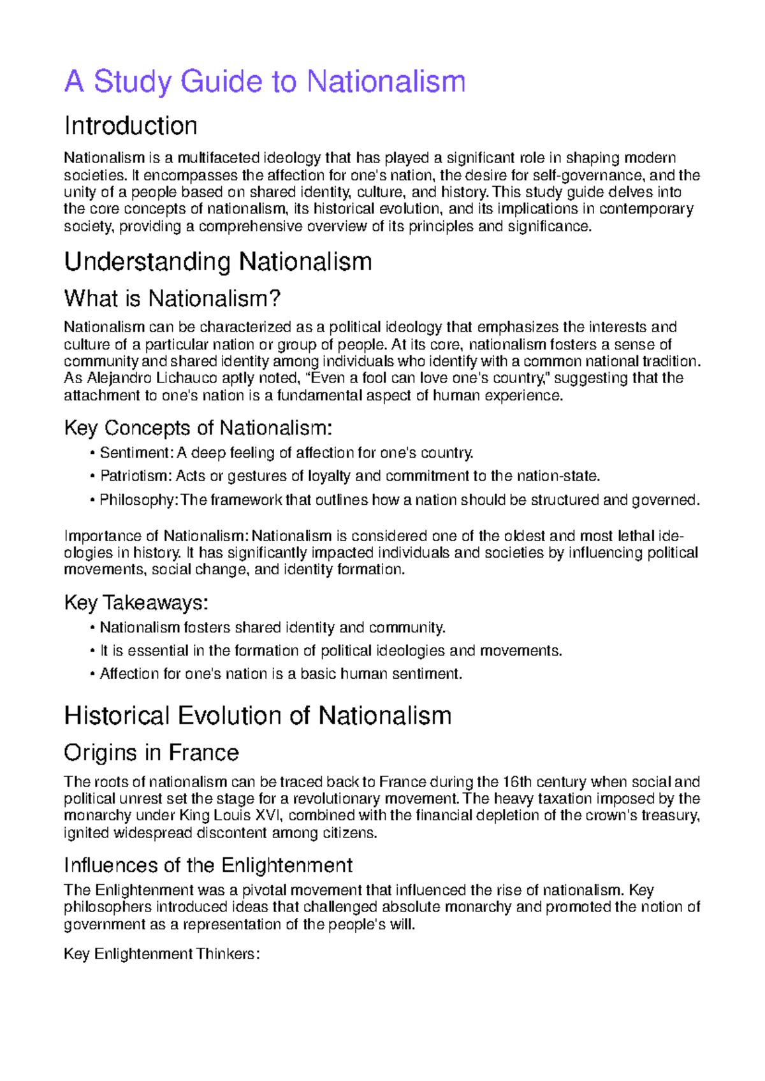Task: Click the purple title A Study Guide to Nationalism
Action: pos(265,82)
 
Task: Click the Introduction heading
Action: pos(131,126)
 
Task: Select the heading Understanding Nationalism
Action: pos(218,261)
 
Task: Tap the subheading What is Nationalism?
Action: pos(172,298)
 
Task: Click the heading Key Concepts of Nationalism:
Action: pos(198,428)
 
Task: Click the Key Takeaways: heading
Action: pos(136,602)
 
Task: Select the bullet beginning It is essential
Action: pos(331,651)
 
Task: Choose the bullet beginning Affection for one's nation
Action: pos(280,674)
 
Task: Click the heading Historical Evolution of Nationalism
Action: pos(258,715)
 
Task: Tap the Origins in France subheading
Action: pos(151,753)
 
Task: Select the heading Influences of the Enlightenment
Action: pos(208,865)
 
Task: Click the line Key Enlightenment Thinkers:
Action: pos(162,954)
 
